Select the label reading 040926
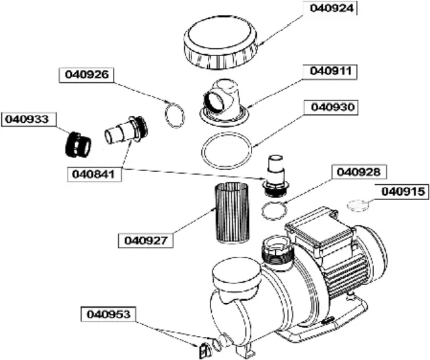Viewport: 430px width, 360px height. pyautogui.click(x=87, y=74)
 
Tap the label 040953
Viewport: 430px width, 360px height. pyautogui.click(x=108, y=314)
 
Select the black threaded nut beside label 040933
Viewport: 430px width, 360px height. pyautogui.click(x=78, y=142)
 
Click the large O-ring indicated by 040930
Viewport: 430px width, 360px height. pyautogui.click(x=227, y=152)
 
